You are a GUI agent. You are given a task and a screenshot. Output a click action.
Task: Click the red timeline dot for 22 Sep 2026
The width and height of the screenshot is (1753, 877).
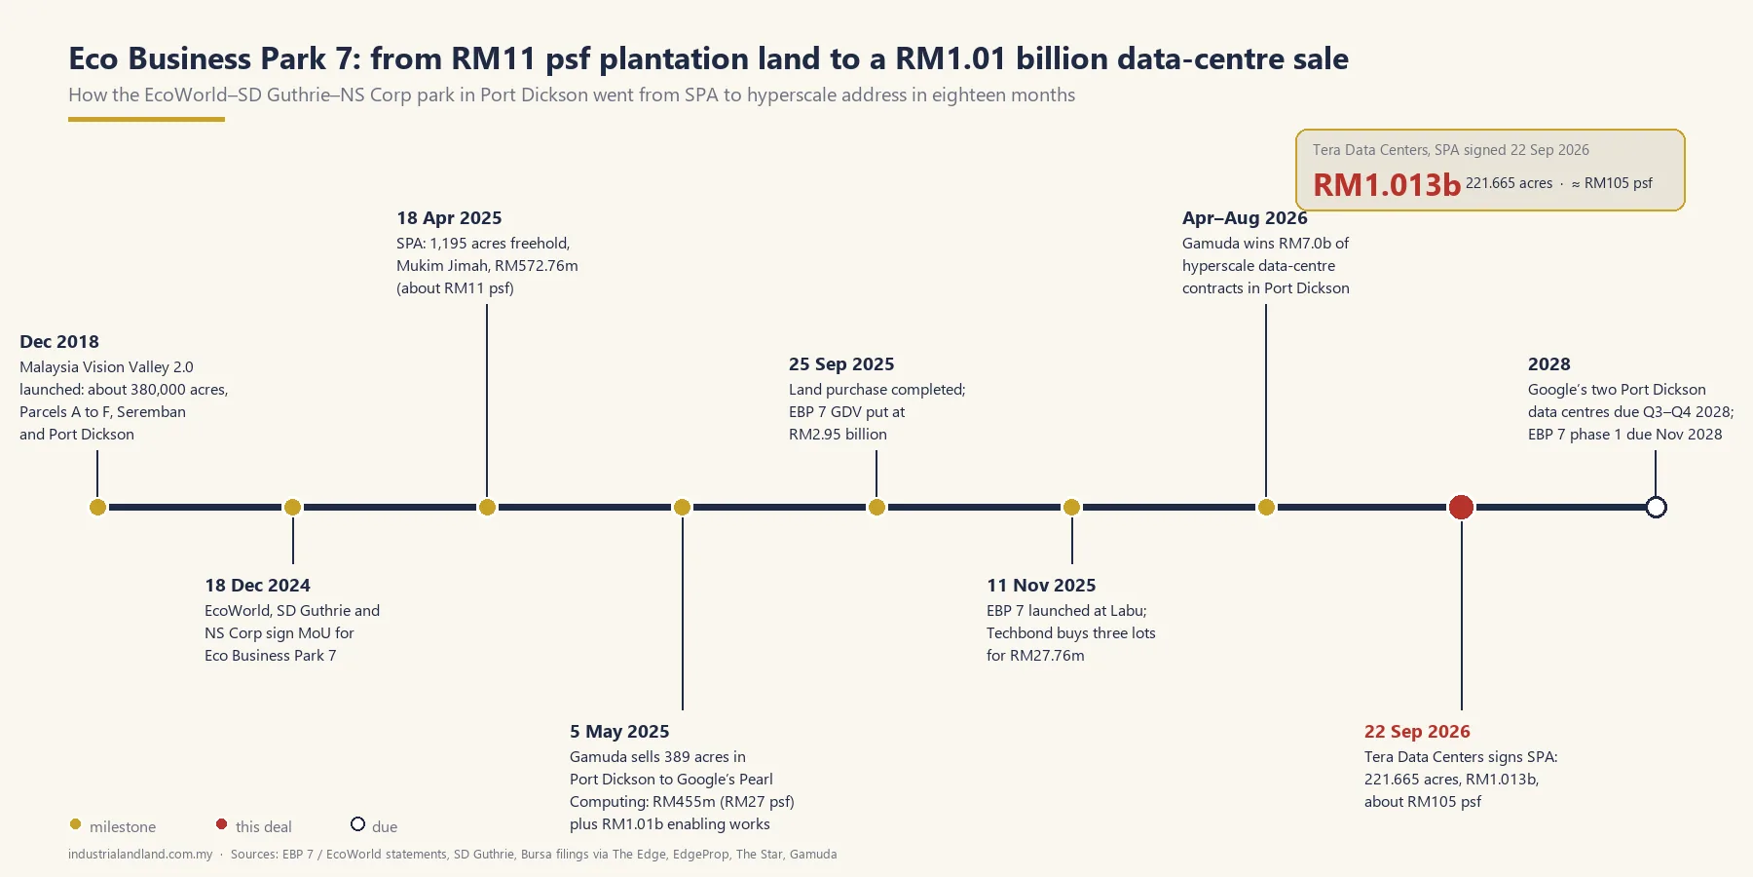tap(1461, 507)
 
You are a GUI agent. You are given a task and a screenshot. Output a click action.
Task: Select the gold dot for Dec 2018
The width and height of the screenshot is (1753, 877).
tap(97, 507)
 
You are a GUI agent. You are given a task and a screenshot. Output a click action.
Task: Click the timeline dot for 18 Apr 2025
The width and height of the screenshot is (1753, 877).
tap(487, 507)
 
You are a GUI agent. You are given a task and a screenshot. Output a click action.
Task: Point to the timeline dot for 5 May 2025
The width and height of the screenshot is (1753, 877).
tap(682, 507)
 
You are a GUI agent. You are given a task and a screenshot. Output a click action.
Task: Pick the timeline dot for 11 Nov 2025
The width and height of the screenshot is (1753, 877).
tap(1071, 507)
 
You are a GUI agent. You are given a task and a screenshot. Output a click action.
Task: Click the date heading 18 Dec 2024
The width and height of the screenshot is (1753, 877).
tap(257, 585)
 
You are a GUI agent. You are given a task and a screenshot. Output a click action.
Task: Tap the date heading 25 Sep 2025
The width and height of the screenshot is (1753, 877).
tap(841, 363)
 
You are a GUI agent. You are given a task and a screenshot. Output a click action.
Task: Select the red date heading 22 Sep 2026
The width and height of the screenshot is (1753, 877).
tap(1417, 731)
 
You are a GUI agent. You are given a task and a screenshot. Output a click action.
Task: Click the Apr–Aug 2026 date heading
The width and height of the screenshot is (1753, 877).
tap(1245, 217)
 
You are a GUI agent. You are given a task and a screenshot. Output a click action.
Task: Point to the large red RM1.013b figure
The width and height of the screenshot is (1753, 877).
tap(1387, 184)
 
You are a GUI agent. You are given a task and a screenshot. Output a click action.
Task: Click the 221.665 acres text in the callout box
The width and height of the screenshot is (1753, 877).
tap(1509, 183)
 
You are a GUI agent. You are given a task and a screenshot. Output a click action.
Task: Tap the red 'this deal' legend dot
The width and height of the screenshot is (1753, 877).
tap(221, 824)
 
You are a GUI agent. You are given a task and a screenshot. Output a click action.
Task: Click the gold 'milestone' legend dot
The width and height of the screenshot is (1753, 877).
tap(75, 824)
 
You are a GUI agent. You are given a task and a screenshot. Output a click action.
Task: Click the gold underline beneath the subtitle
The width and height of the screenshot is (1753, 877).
tap(146, 119)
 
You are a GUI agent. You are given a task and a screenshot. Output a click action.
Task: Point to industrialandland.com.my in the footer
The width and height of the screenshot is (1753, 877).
tap(140, 855)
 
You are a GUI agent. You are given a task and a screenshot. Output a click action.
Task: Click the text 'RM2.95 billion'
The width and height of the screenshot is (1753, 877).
tap(838, 435)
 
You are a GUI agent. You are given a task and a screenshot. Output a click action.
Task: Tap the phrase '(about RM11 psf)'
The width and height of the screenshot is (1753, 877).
tap(455, 288)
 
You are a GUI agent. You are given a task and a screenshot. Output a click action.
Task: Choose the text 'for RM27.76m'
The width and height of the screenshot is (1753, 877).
tap(1035, 656)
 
